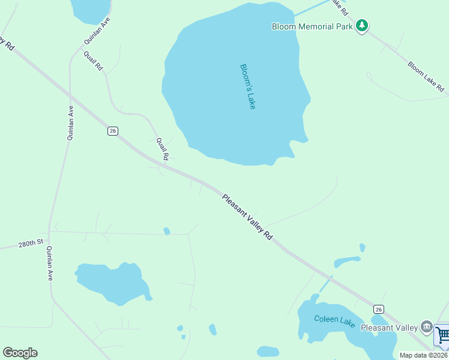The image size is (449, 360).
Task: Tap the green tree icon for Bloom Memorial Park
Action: coord(361,26)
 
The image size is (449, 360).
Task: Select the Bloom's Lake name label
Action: coord(248,86)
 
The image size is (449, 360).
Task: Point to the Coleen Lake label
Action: coord(334,321)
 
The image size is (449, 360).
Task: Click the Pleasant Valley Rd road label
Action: coord(247,217)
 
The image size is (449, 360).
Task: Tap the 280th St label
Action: coord(31,243)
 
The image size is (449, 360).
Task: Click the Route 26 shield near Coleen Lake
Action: coord(378,309)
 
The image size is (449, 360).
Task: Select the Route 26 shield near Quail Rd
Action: coord(112,131)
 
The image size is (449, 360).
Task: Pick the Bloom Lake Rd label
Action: coord(426,76)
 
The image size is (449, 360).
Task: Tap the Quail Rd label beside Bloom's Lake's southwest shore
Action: coord(162,148)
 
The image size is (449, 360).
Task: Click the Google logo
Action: coord(20,353)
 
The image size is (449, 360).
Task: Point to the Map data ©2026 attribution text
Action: coord(424,355)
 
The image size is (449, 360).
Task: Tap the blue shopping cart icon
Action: coord(443,336)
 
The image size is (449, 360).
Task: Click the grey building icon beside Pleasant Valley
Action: coord(426,327)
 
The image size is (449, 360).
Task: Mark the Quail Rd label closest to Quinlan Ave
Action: coord(94,61)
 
